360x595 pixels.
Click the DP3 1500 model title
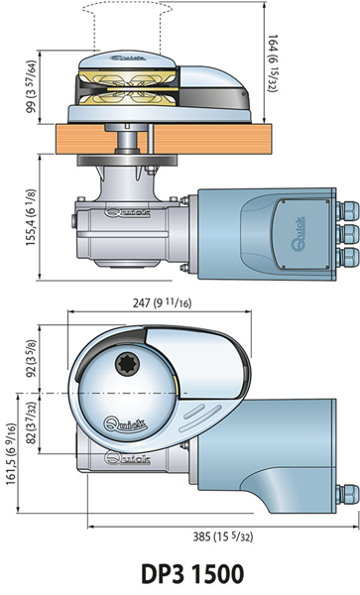click(192, 573)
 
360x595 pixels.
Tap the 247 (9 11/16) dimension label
click(162, 302)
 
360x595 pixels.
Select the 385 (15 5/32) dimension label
click(223, 536)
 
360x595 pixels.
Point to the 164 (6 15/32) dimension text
click(273, 63)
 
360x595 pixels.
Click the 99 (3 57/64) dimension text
click(31, 86)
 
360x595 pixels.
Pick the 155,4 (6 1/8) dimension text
click(31, 217)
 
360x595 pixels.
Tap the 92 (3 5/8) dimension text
click(31, 358)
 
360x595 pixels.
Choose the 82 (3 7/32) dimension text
click(31, 422)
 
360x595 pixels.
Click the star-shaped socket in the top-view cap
click(127, 364)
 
